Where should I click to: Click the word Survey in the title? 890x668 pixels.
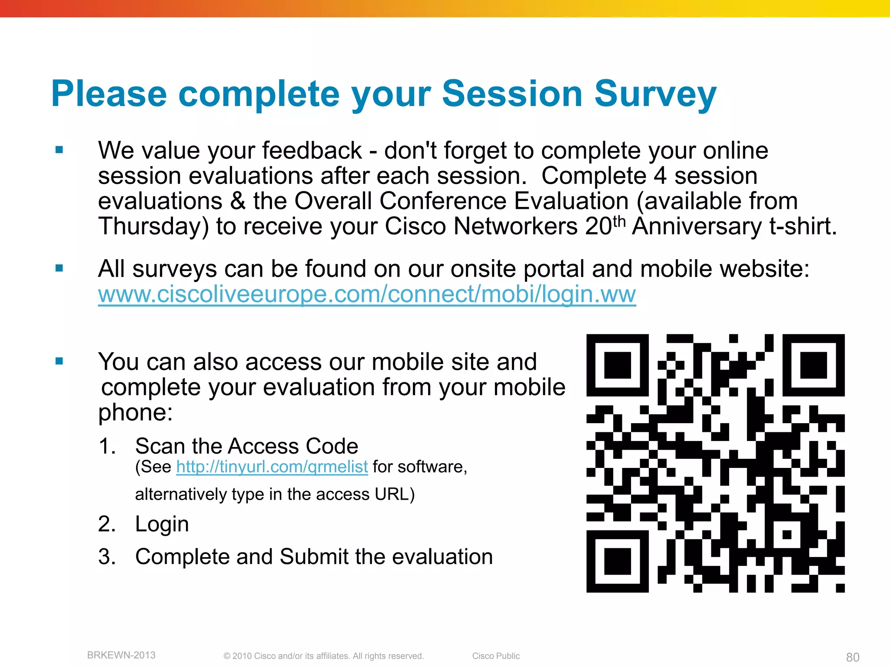click(655, 94)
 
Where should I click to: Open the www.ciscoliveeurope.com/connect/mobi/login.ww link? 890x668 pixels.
click(367, 294)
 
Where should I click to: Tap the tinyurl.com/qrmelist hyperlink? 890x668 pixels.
click(272, 467)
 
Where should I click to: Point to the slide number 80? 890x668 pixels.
click(853, 657)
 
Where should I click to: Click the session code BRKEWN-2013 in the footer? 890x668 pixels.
click(121, 655)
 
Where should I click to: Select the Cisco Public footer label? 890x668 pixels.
click(496, 656)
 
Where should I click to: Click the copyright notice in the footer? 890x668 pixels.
click(323, 656)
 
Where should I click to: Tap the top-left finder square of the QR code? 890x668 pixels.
click(617, 365)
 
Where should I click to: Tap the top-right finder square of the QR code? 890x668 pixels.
click(814, 365)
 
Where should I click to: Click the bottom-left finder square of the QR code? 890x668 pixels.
click(617, 561)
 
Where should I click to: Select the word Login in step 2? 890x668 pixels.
click(162, 524)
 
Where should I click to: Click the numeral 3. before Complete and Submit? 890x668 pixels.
click(107, 557)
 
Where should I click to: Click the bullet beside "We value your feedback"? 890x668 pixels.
click(60, 150)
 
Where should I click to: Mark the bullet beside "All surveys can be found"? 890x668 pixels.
click(60, 268)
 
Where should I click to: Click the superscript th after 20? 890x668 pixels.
click(618, 221)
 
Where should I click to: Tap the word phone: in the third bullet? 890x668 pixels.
click(136, 413)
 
